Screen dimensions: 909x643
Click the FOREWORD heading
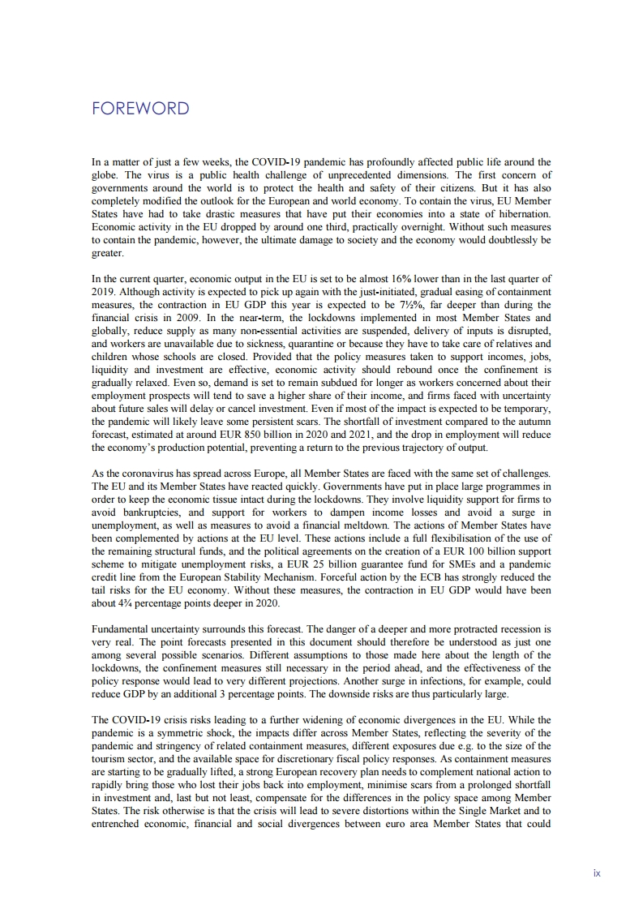click(x=140, y=109)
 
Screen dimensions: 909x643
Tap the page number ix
click(x=597, y=873)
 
